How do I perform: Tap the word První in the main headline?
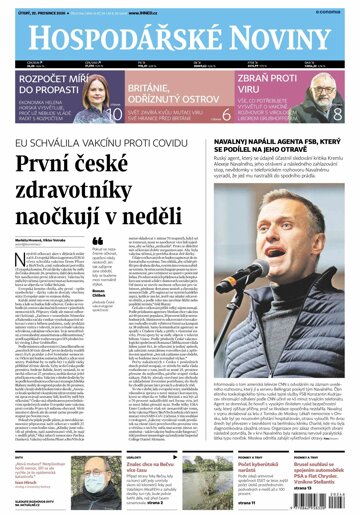click(x=67, y=168)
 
